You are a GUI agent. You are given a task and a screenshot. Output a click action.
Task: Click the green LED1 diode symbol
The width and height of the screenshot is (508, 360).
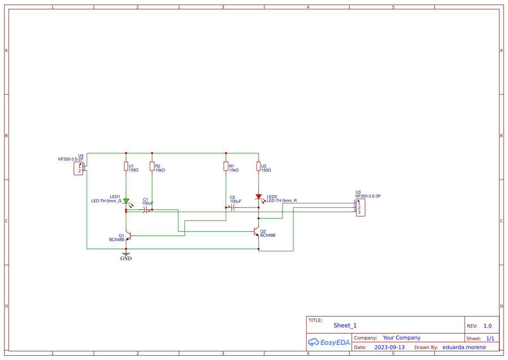(126, 201)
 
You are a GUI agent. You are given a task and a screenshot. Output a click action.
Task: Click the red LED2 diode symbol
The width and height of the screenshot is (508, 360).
(259, 197)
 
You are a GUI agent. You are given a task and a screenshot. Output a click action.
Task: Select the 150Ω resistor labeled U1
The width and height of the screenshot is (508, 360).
(126, 166)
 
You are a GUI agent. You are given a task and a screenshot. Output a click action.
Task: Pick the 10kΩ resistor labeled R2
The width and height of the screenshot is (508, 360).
(152, 166)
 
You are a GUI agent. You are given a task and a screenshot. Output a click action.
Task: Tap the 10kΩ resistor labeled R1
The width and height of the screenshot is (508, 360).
(226, 166)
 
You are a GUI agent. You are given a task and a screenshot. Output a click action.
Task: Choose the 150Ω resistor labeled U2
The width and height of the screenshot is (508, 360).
(259, 166)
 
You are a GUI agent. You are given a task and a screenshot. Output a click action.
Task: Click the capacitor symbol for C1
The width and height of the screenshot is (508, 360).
(145, 210)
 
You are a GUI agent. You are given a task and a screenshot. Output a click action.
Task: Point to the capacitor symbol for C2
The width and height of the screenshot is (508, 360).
(233, 208)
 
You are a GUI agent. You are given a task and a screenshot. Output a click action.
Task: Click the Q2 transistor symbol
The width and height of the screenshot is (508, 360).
(257, 231)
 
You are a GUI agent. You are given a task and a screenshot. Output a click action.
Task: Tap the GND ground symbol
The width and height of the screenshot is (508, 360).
(126, 254)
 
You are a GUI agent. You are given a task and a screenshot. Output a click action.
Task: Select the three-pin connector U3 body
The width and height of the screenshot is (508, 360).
(360, 208)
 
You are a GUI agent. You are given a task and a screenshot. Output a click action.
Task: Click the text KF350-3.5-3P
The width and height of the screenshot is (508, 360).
(368, 196)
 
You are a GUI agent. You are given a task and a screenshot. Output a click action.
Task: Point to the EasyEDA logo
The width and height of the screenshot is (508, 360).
(329, 342)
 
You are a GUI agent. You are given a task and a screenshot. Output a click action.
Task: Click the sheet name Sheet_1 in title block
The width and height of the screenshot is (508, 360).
(345, 325)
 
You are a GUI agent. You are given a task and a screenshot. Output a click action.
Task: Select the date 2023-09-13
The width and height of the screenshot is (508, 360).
(389, 347)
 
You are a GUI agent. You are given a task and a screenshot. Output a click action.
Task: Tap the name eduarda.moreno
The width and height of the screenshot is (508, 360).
(464, 347)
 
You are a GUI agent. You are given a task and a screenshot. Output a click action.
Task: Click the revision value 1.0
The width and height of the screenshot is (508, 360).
(487, 326)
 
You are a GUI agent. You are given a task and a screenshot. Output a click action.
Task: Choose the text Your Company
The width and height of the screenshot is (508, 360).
(401, 338)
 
